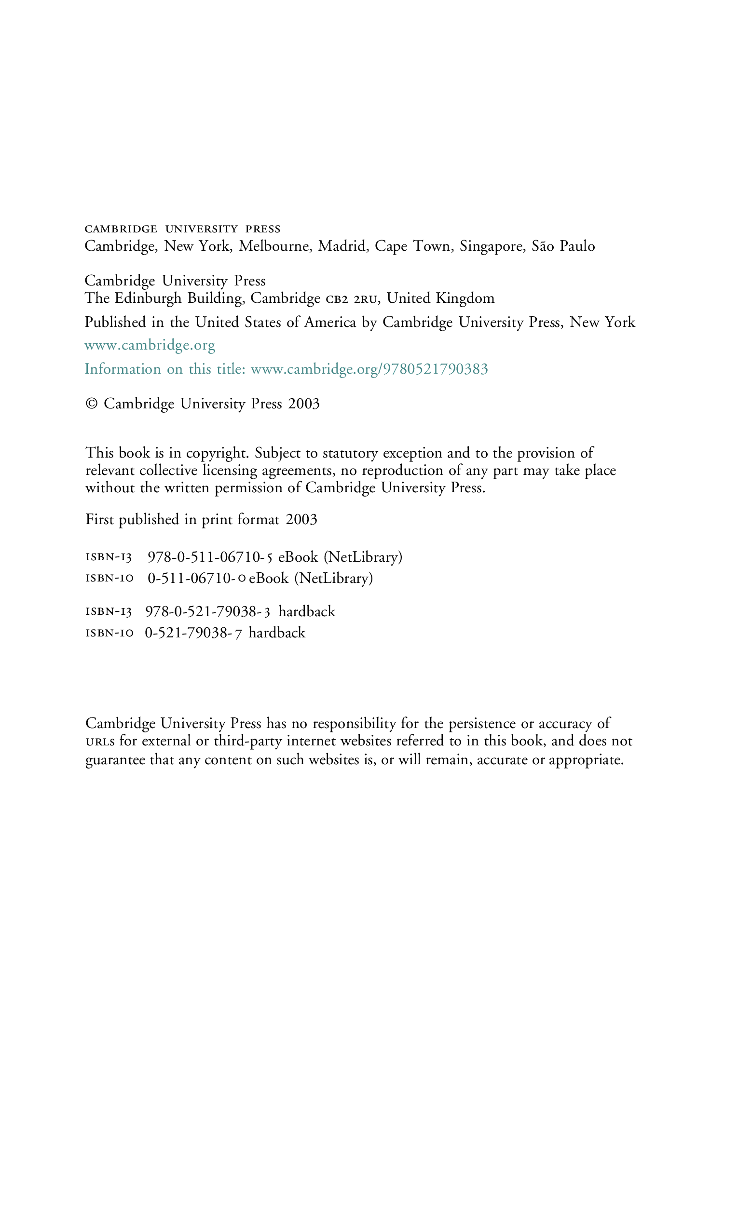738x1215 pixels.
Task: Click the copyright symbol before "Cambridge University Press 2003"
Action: point(91,404)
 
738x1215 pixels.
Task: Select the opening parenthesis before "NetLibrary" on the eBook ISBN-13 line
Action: point(326,557)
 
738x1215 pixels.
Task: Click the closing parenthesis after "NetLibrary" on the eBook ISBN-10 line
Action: point(370,579)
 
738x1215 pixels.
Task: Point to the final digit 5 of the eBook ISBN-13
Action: point(269,558)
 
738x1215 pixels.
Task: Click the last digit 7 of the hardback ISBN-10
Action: point(238,633)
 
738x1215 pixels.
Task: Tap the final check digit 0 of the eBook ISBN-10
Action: point(242,579)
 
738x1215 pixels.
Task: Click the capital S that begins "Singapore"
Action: point(464,245)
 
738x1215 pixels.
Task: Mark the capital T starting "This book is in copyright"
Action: point(91,453)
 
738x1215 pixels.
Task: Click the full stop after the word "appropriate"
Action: point(622,763)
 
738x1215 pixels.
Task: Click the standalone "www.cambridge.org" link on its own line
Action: point(150,345)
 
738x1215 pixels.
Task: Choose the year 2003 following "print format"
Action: point(301,519)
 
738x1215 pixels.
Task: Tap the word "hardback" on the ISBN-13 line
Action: point(307,611)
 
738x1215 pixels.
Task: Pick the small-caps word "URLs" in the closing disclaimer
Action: point(100,742)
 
